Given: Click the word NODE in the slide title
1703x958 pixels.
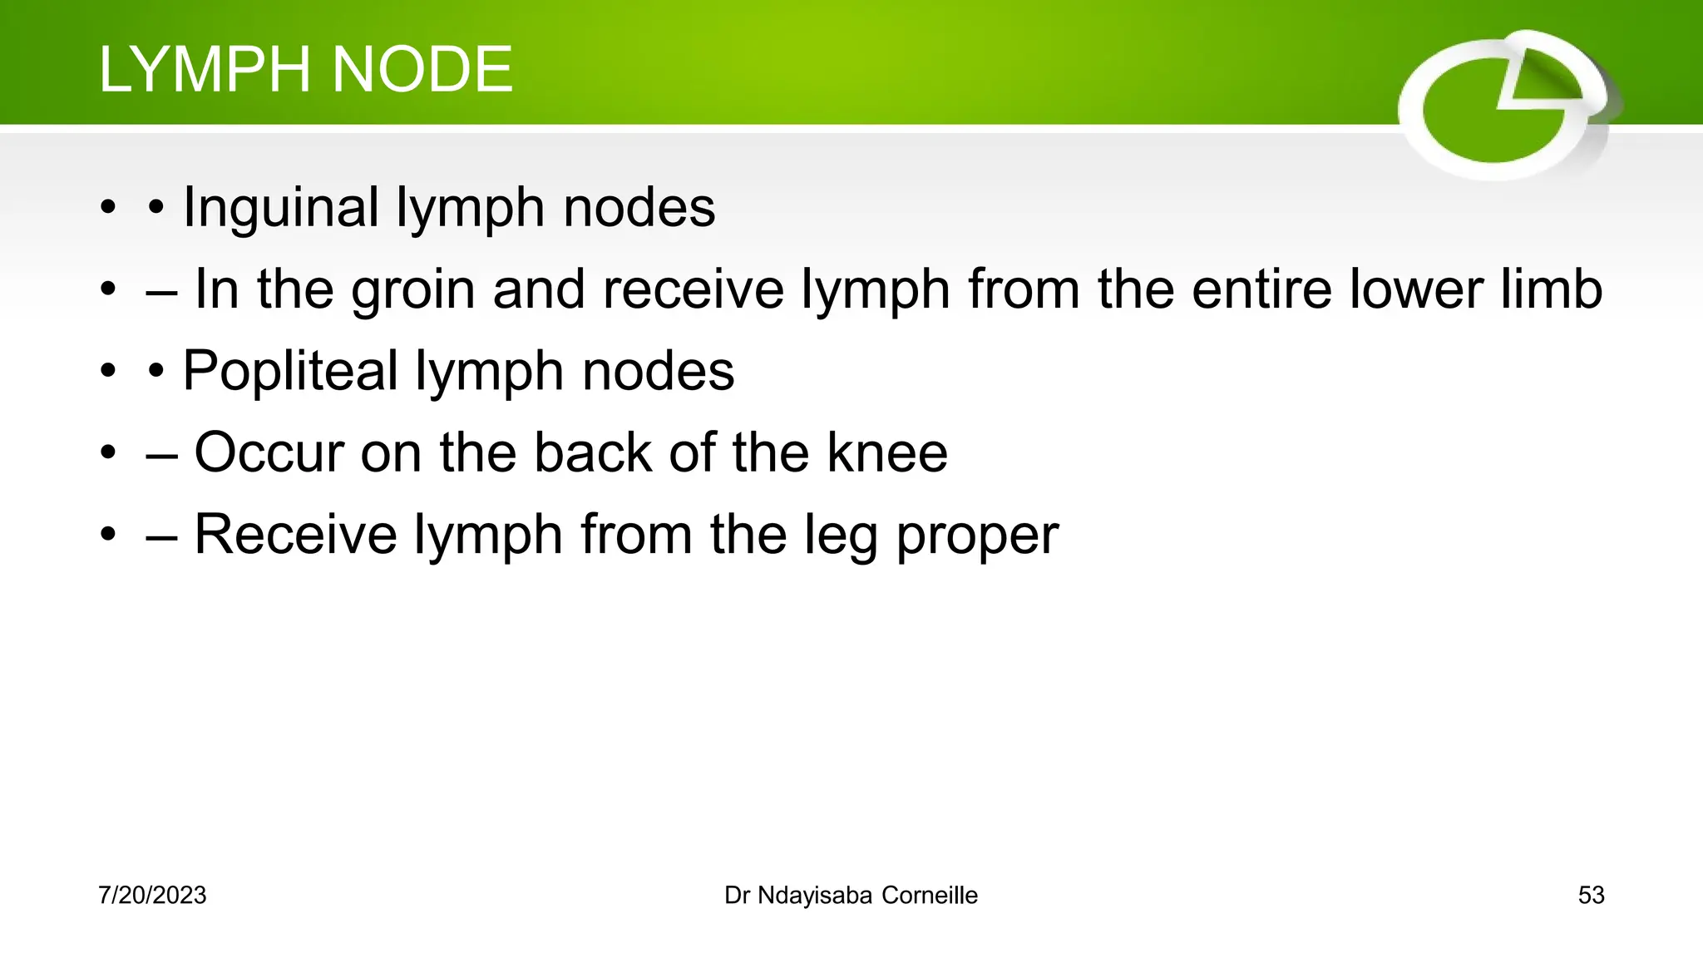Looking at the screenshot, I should point(422,69).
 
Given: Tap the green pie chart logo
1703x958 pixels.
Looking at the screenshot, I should point(1505,105).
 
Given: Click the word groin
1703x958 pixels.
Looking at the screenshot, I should point(413,290).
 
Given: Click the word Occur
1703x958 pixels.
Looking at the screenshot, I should point(269,452).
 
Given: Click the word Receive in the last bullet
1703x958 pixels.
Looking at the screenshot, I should point(295,534).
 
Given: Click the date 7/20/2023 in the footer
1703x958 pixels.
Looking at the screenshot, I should point(152,896).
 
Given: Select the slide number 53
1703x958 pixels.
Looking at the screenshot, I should point(1591,896).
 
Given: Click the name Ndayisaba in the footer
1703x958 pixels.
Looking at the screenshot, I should point(815,896).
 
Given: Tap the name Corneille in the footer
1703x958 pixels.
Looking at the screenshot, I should point(930,896).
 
